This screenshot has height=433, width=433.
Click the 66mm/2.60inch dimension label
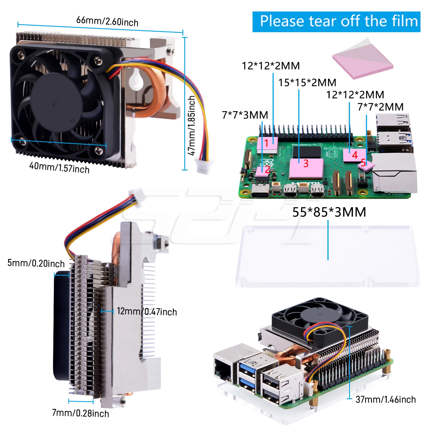107,21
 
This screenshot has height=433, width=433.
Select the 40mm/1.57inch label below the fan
59,167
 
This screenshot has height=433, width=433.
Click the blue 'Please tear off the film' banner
336,22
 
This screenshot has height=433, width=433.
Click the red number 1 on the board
266,143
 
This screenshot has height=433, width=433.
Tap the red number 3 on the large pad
306,163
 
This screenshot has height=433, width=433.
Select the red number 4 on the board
355,155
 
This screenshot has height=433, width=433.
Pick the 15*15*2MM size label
307,83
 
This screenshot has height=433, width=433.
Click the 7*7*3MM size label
245,115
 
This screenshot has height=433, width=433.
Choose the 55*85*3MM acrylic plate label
329,212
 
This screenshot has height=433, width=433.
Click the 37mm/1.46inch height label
385,399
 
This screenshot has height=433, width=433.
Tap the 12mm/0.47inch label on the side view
147,311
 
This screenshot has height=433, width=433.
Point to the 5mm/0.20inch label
36,263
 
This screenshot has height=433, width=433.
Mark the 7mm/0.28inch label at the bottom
80,413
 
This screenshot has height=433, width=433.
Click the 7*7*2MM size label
380,107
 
